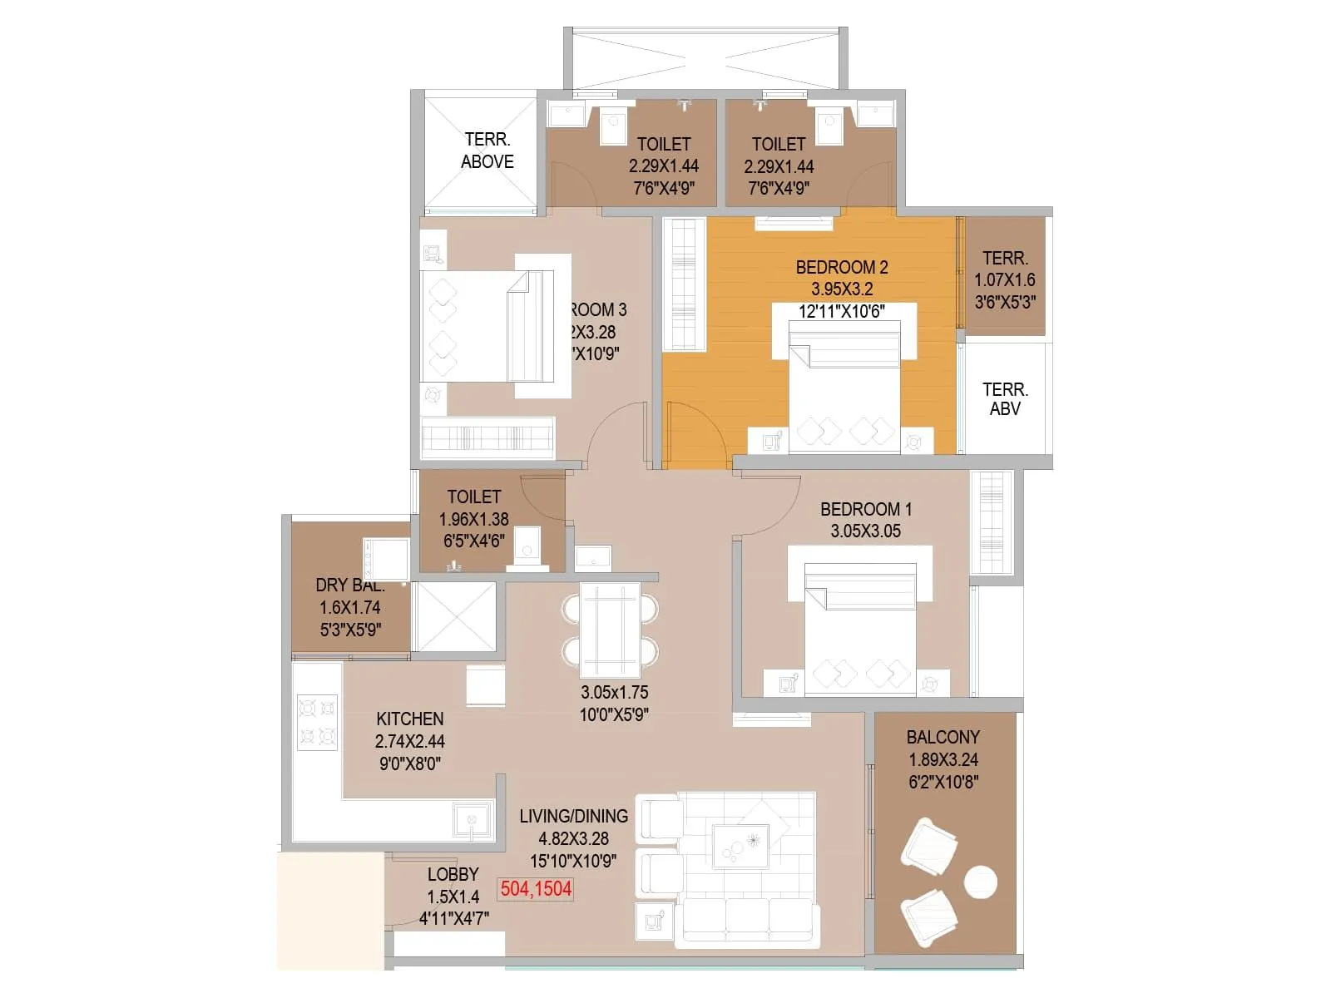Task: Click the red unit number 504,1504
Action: click(x=536, y=889)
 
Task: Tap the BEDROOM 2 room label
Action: click(x=841, y=267)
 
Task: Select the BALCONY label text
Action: click(x=943, y=737)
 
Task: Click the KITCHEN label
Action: click(x=409, y=719)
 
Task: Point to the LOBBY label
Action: click(x=453, y=874)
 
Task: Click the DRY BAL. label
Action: click(x=349, y=585)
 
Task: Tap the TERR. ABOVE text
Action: click(x=487, y=151)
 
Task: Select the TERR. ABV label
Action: click(x=1005, y=399)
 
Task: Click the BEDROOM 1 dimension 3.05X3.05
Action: click(x=865, y=531)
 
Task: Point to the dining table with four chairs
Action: click(x=610, y=630)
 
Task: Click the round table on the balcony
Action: click(x=980, y=882)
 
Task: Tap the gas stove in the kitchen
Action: click(x=317, y=722)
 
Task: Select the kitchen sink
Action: click(x=473, y=822)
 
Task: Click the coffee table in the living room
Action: click(x=740, y=846)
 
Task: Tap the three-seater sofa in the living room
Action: click(x=746, y=921)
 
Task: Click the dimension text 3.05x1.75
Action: click(x=614, y=692)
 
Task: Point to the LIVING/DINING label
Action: click(x=573, y=816)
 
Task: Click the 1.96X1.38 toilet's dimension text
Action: click(x=473, y=519)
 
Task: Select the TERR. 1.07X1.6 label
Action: click(x=1005, y=279)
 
